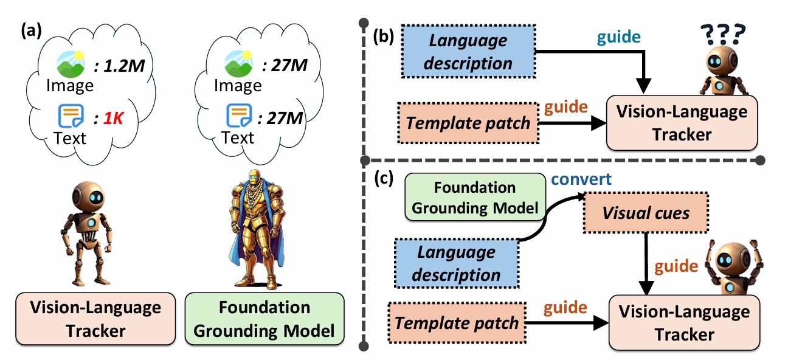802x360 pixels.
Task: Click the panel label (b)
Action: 383,39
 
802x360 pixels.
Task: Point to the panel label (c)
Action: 383,179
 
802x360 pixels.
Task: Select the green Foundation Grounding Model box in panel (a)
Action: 264,318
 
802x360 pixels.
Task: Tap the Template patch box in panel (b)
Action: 468,122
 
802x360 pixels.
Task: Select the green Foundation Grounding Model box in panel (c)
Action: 475,198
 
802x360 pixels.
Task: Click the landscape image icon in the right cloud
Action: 238,63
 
